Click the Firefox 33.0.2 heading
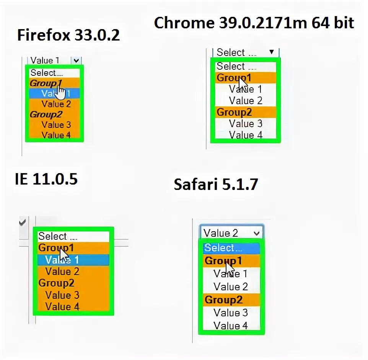(x=68, y=36)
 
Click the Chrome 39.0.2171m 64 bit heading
(x=254, y=23)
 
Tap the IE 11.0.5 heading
(x=46, y=179)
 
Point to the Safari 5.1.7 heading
(x=216, y=185)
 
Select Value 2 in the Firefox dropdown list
(x=56, y=104)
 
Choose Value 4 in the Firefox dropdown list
(x=56, y=135)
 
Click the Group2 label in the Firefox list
(x=46, y=114)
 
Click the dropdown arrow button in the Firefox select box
(x=77, y=60)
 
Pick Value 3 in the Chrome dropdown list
(x=246, y=124)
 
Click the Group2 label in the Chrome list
(x=234, y=112)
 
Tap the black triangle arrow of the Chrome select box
(x=272, y=52)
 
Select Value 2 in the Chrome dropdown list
(x=246, y=101)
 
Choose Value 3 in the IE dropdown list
(x=62, y=295)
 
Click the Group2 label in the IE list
(x=56, y=283)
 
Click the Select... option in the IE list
(x=57, y=236)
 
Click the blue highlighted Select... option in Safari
(x=223, y=248)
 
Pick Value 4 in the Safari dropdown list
(x=231, y=326)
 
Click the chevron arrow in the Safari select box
(x=257, y=233)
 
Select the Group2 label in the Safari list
(x=223, y=299)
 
